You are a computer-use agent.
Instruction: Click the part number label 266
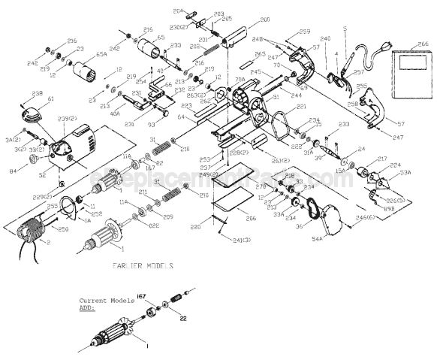tap(423, 44)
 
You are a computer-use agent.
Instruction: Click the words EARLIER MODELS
tap(143, 266)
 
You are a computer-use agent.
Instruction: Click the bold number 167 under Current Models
tap(140, 298)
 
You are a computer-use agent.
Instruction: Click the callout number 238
tap(37, 93)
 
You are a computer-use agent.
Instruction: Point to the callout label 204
tap(178, 11)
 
